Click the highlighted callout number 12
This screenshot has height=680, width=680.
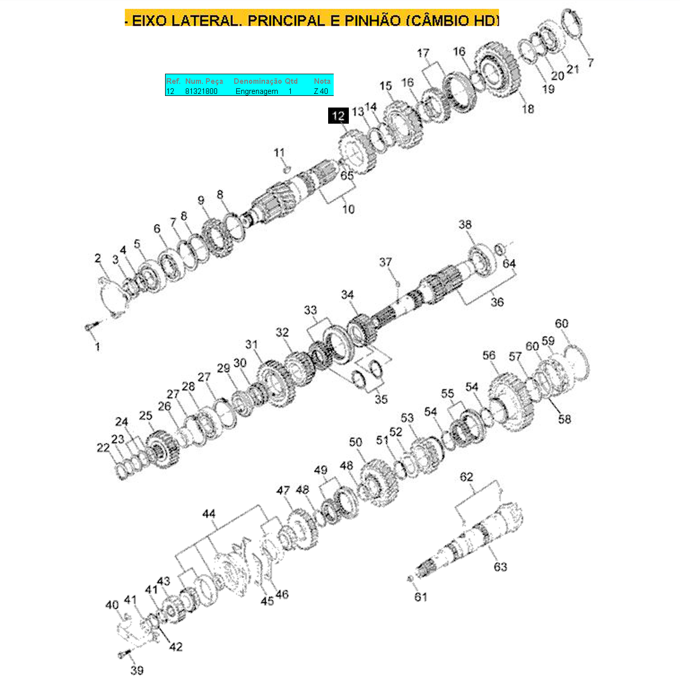point(338,116)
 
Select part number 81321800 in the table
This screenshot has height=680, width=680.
point(201,91)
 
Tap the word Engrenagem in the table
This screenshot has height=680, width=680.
point(256,91)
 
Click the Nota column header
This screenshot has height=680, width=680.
point(322,81)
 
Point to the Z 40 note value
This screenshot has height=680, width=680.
point(321,91)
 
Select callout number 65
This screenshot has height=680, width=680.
point(347,175)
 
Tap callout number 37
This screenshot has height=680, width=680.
point(385,262)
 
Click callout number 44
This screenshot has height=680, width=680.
point(209,514)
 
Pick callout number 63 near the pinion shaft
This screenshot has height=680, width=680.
point(500,567)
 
